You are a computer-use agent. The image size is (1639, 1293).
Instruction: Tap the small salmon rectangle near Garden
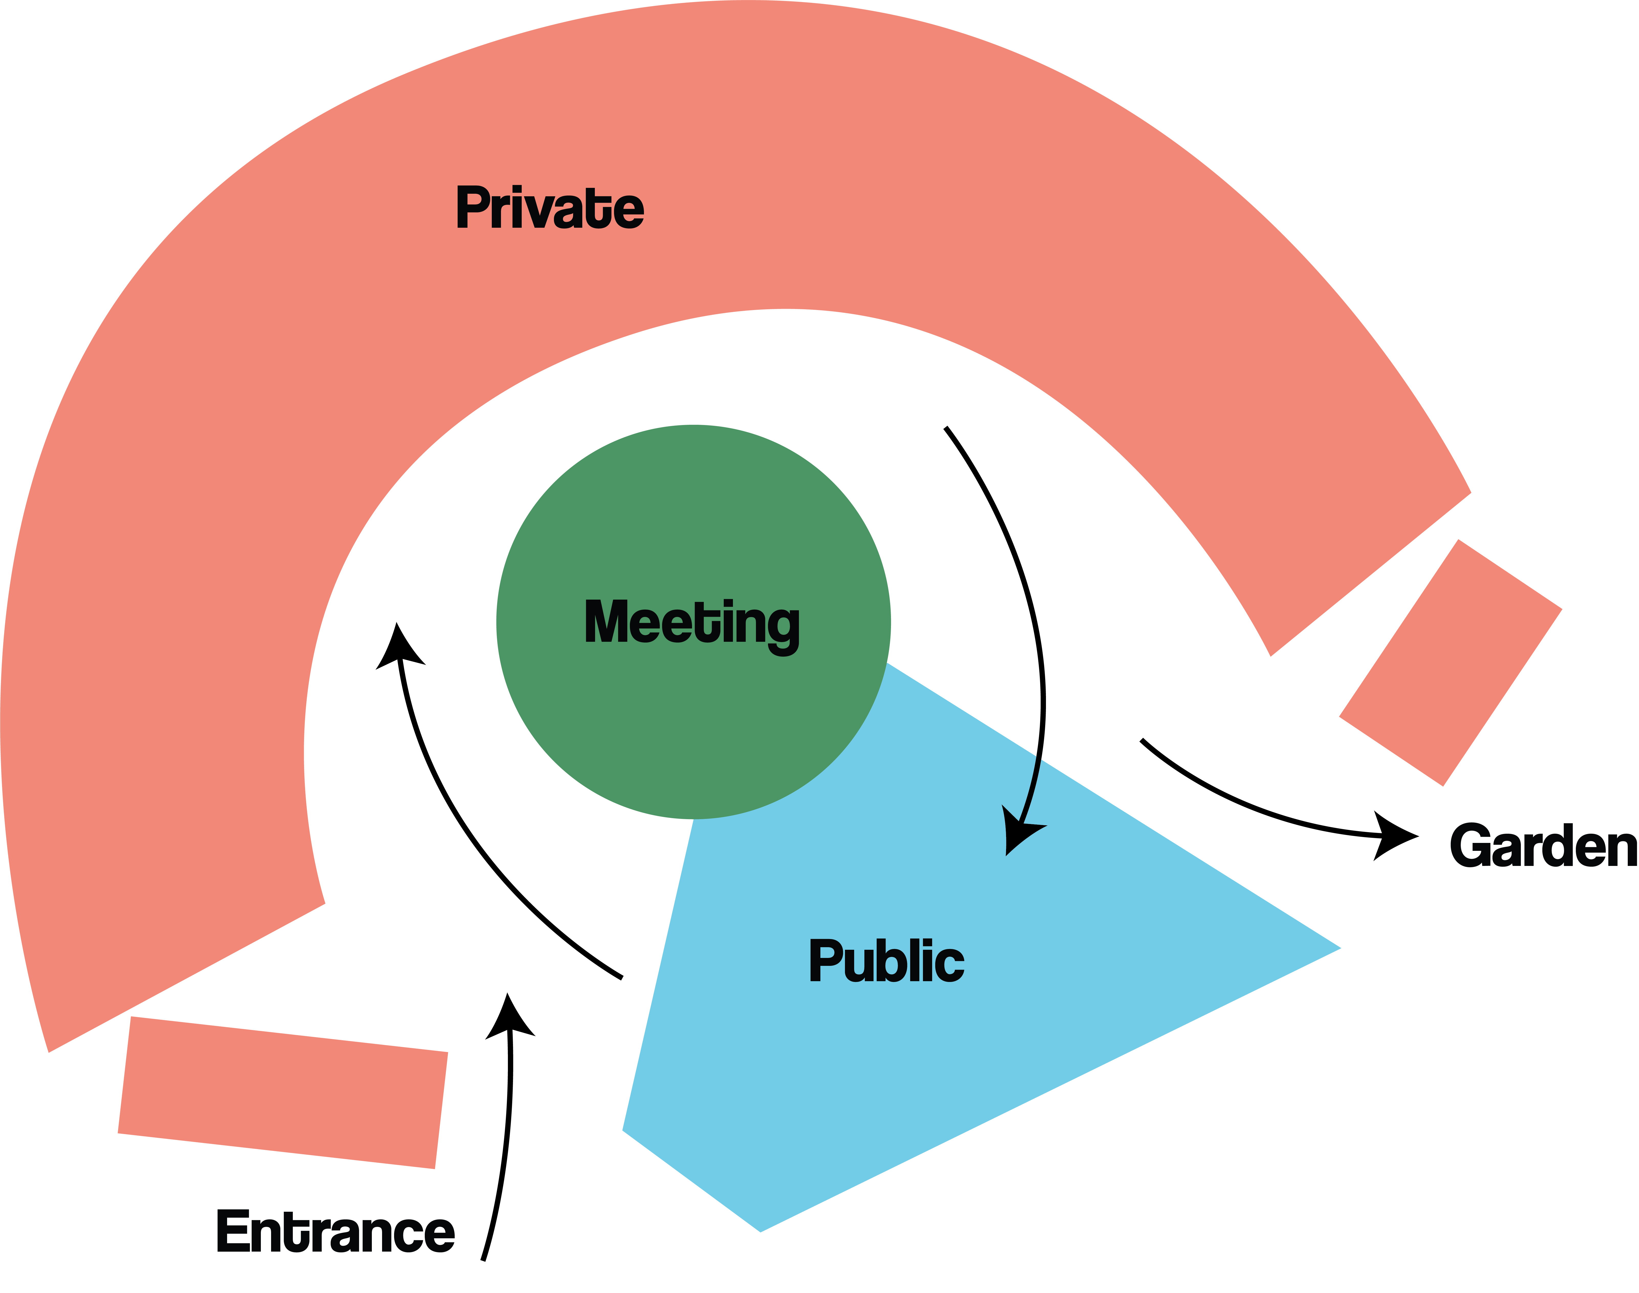pos(1451,663)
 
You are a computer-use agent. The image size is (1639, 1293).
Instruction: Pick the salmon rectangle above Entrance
pos(283,1092)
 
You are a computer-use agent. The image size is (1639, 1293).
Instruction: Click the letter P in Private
pos(472,207)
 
